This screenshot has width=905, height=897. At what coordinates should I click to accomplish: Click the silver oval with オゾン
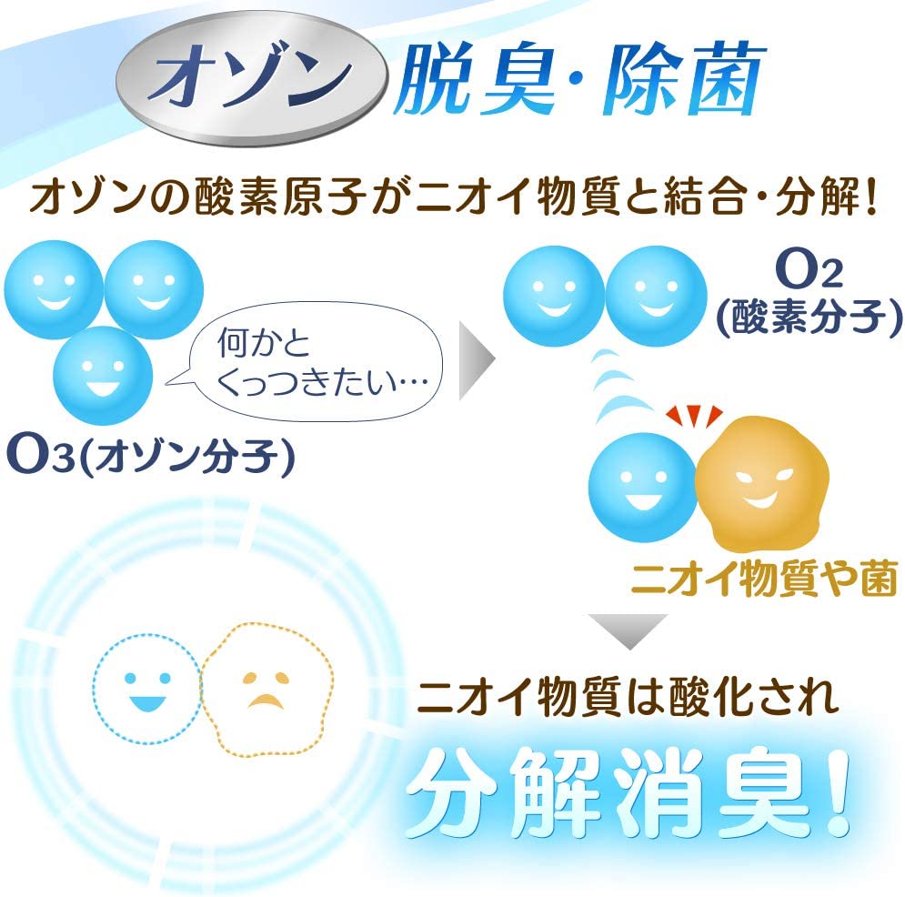coord(252,78)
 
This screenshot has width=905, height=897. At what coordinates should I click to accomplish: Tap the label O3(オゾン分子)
coord(151,455)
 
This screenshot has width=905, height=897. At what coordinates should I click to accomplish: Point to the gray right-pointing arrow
coord(477,361)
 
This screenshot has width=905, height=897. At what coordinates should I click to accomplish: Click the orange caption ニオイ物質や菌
coord(764,578)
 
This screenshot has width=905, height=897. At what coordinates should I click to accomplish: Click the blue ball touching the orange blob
coord(642,488)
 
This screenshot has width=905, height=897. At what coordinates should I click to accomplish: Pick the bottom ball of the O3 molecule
coord(103,376)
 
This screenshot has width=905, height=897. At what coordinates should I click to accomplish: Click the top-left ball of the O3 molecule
coord(54,289)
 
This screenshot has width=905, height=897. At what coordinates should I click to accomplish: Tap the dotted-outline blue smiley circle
coord(147,688)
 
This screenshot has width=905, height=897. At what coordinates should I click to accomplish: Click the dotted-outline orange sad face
coord(267,690)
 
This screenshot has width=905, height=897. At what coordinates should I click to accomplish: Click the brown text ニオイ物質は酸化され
coord(628,696)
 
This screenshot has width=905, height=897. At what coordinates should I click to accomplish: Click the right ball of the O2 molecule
coord(657,296)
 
